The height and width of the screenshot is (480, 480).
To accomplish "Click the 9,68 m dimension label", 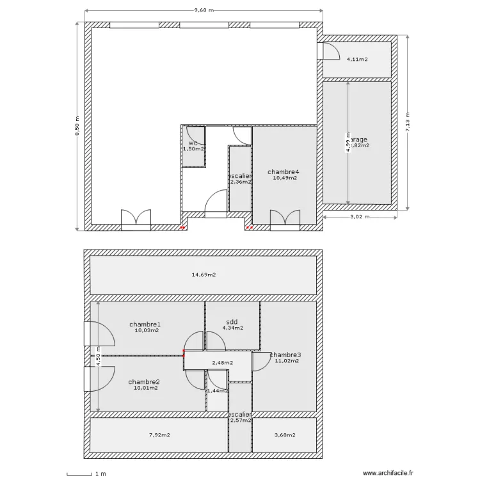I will (x=204, y=10).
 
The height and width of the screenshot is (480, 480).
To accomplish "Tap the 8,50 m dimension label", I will (x=78, y=125).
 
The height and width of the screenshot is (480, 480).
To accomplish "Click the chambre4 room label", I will (x=284, y=172).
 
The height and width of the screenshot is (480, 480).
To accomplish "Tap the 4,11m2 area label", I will (x=357, y=60).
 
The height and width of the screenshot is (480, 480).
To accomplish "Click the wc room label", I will (x=192, y=143).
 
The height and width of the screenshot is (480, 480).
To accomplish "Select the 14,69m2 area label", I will (x=204, y=275).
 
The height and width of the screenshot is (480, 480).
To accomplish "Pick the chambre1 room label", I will (x=145, y=324).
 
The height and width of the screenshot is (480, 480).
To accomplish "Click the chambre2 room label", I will (x=144, y=381).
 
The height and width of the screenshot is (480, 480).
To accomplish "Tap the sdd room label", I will (x=232, y=322).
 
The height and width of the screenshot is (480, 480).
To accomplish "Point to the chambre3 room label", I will (x=285, y=355).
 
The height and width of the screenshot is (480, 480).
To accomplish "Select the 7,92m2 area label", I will (x=160, y=435).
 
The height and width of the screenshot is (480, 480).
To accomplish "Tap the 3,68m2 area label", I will (x=284, y=435).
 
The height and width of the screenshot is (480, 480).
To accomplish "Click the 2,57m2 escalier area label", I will (x=241, y=420).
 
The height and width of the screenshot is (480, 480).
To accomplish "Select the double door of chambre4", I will (x=285, y=218).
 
